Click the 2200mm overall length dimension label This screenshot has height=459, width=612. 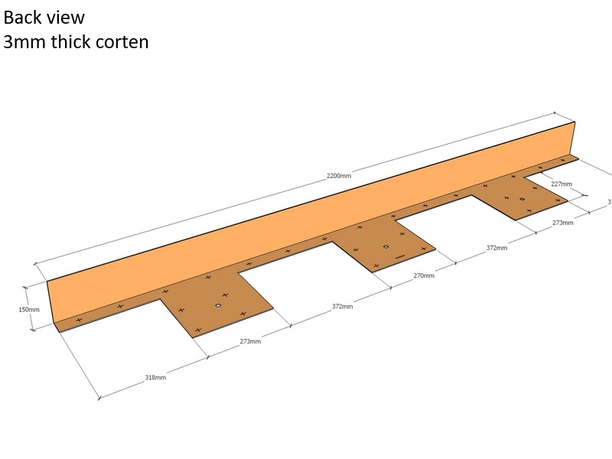pos(339,176)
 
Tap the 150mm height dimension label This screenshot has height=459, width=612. pos(29,309)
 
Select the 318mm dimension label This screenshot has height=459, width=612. pos(155,377)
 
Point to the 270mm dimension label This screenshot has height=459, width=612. pos(424,275)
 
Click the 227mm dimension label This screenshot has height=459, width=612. pos(561,184)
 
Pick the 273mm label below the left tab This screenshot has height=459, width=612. pos(250,341)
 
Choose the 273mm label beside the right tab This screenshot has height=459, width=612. pos(562,223)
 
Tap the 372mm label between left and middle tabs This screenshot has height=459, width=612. pos(342,306)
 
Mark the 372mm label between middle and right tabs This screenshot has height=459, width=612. pos(497,248)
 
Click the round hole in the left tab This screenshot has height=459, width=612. pos(218,306)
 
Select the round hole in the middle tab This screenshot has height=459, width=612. pos(386,247)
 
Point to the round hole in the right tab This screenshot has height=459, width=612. pos(522,200)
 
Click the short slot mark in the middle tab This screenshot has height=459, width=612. pos(400,259)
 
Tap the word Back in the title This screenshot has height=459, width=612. pos(23,17)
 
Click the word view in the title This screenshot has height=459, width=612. pos(67,17)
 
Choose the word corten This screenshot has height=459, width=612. pos(122,42)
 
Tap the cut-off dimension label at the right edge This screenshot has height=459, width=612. pos(609,202)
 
